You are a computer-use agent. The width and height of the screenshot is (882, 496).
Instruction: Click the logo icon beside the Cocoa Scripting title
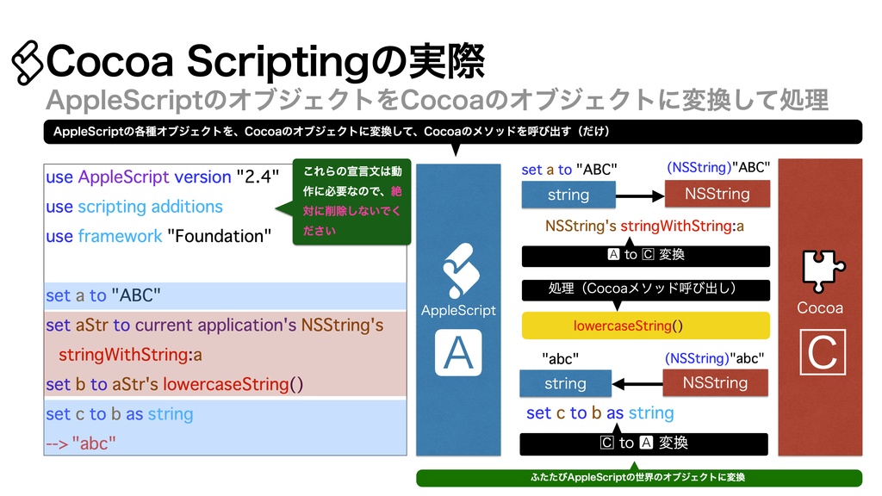(26, 63)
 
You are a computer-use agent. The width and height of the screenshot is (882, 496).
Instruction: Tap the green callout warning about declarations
(351, 201)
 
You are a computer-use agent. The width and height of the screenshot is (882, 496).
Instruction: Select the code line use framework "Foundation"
(158, 236)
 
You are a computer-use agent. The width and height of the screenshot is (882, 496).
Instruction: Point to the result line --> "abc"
(81, 443)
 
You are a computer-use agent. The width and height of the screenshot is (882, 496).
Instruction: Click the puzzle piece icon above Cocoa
(819, 269)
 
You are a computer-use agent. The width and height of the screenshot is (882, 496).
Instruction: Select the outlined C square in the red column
(819, 351)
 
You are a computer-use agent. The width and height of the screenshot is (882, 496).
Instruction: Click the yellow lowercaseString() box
(645, 325)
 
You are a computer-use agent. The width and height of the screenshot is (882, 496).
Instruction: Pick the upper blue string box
(568, 195)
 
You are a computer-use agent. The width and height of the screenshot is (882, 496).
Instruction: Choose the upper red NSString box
(717, 194)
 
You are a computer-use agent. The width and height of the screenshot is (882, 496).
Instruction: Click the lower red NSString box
(715, 382)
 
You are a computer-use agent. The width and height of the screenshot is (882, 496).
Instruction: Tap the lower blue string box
(565, 383)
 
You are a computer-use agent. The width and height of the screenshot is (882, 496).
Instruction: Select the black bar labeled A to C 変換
(645, 255)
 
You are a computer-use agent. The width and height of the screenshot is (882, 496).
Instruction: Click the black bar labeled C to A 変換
(644, 443)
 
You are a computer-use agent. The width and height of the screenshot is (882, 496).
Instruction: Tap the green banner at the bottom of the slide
(639, 477)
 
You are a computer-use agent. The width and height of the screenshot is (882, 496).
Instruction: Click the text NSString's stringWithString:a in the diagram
(644, 226)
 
